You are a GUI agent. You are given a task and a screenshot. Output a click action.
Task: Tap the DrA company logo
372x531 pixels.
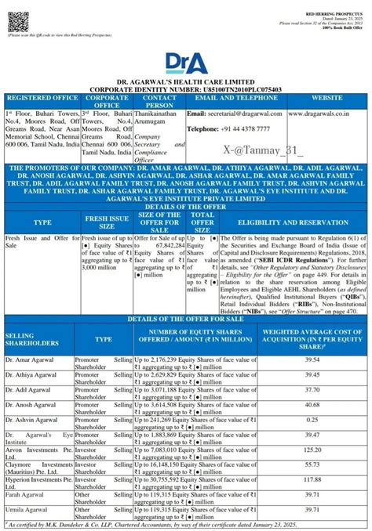point(186,62)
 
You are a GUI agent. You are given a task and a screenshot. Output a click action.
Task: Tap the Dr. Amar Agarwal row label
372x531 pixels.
point(28,359)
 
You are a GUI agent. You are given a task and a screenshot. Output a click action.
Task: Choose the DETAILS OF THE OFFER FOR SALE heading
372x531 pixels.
point(185,320)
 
